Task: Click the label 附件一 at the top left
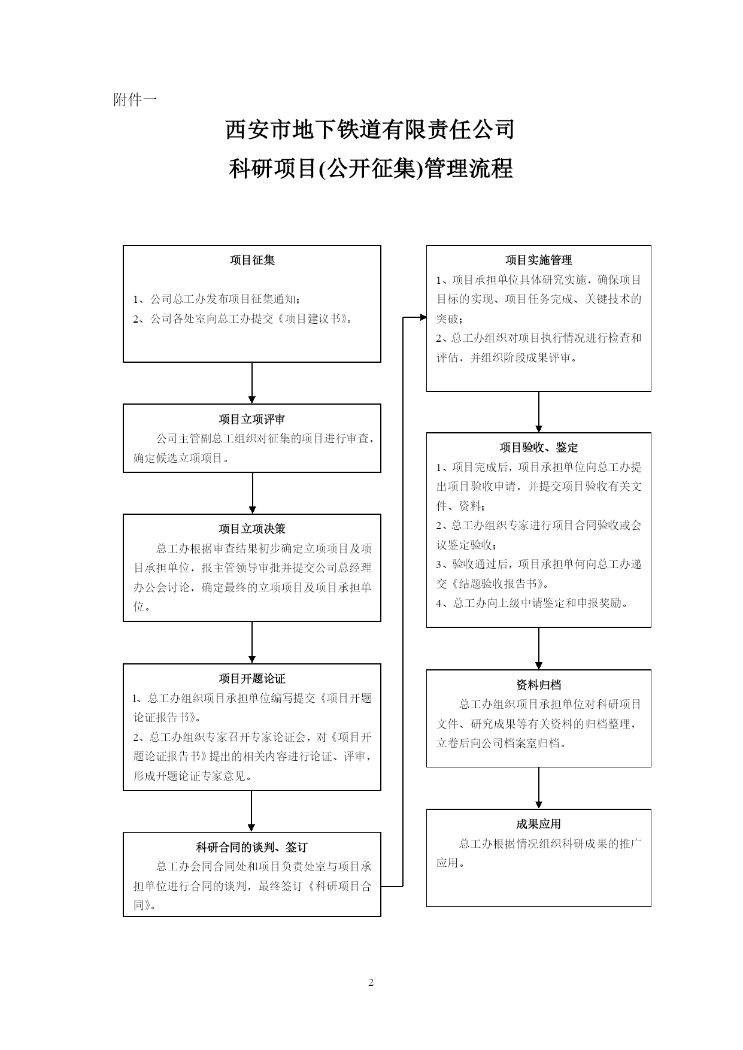click(x=135, y=100)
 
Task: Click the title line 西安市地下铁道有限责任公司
click(x=370, y=129)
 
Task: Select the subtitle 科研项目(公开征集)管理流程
click(x=371, y=168)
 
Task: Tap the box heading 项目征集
click(x=252, y=260)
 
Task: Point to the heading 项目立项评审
click(x=252, y=419)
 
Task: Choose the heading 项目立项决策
click(x=252, y=529)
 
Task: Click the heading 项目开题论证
click(x=252, y=678)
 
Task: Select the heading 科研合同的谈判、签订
click(x=252, y=847)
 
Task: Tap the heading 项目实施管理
click(x=539, y=260)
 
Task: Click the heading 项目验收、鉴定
click(x=539, y=447)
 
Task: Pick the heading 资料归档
click(x=539, y=685)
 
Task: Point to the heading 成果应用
click(x=539, y=824)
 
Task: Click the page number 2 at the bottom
click(x=371, y=982)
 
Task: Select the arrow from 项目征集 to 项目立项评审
click(x=252, y=383)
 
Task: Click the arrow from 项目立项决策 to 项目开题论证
click(x=252, y=642)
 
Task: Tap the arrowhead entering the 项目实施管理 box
click(x=423, y=317)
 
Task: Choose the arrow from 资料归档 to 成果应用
click(x=539, y=788)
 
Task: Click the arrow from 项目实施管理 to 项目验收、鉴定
click(x=539, y=412)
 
